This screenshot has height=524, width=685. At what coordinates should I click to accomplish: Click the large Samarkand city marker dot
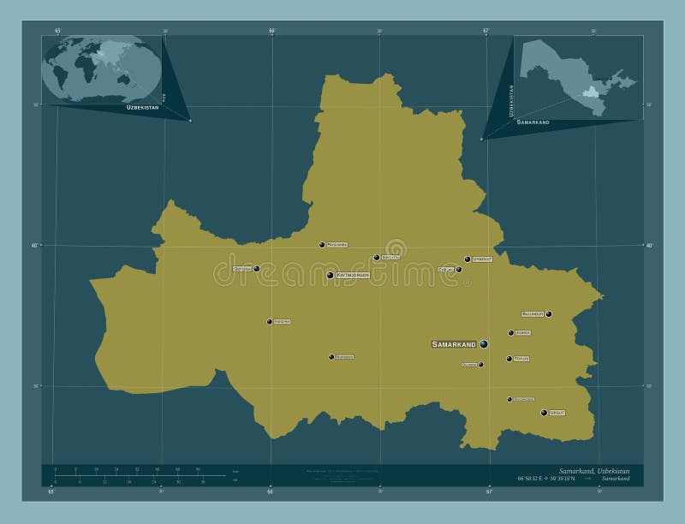(x=484, y=343)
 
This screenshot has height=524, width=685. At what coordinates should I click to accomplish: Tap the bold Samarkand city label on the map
(x=454, y=344)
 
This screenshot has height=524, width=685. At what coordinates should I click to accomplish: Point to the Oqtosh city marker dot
(x=257, y=269)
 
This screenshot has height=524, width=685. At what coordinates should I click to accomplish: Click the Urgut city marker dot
(x=544, y=413)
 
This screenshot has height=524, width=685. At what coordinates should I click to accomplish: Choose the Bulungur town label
(x=533, y=314)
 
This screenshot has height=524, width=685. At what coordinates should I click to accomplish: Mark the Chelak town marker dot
(x=459, y=270)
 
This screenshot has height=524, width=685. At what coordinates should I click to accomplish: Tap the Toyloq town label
(x=521, y=359)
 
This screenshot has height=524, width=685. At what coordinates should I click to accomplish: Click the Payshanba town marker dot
(x=322, y=245)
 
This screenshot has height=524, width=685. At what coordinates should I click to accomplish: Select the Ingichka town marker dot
(x=269, y=322)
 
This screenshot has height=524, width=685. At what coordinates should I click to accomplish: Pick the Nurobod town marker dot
(x=331, y=357)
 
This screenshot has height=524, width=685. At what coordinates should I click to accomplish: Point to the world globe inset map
(x=101, y=68)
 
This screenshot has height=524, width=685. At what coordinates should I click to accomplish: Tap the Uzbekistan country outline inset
(x=578, y=77)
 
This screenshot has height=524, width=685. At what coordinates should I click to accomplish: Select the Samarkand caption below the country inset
(x=533, y=123)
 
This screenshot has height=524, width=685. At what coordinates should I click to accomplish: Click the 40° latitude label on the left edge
(x=36, y=246)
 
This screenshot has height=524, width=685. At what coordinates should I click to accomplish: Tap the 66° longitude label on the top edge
(x=271, y=31)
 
